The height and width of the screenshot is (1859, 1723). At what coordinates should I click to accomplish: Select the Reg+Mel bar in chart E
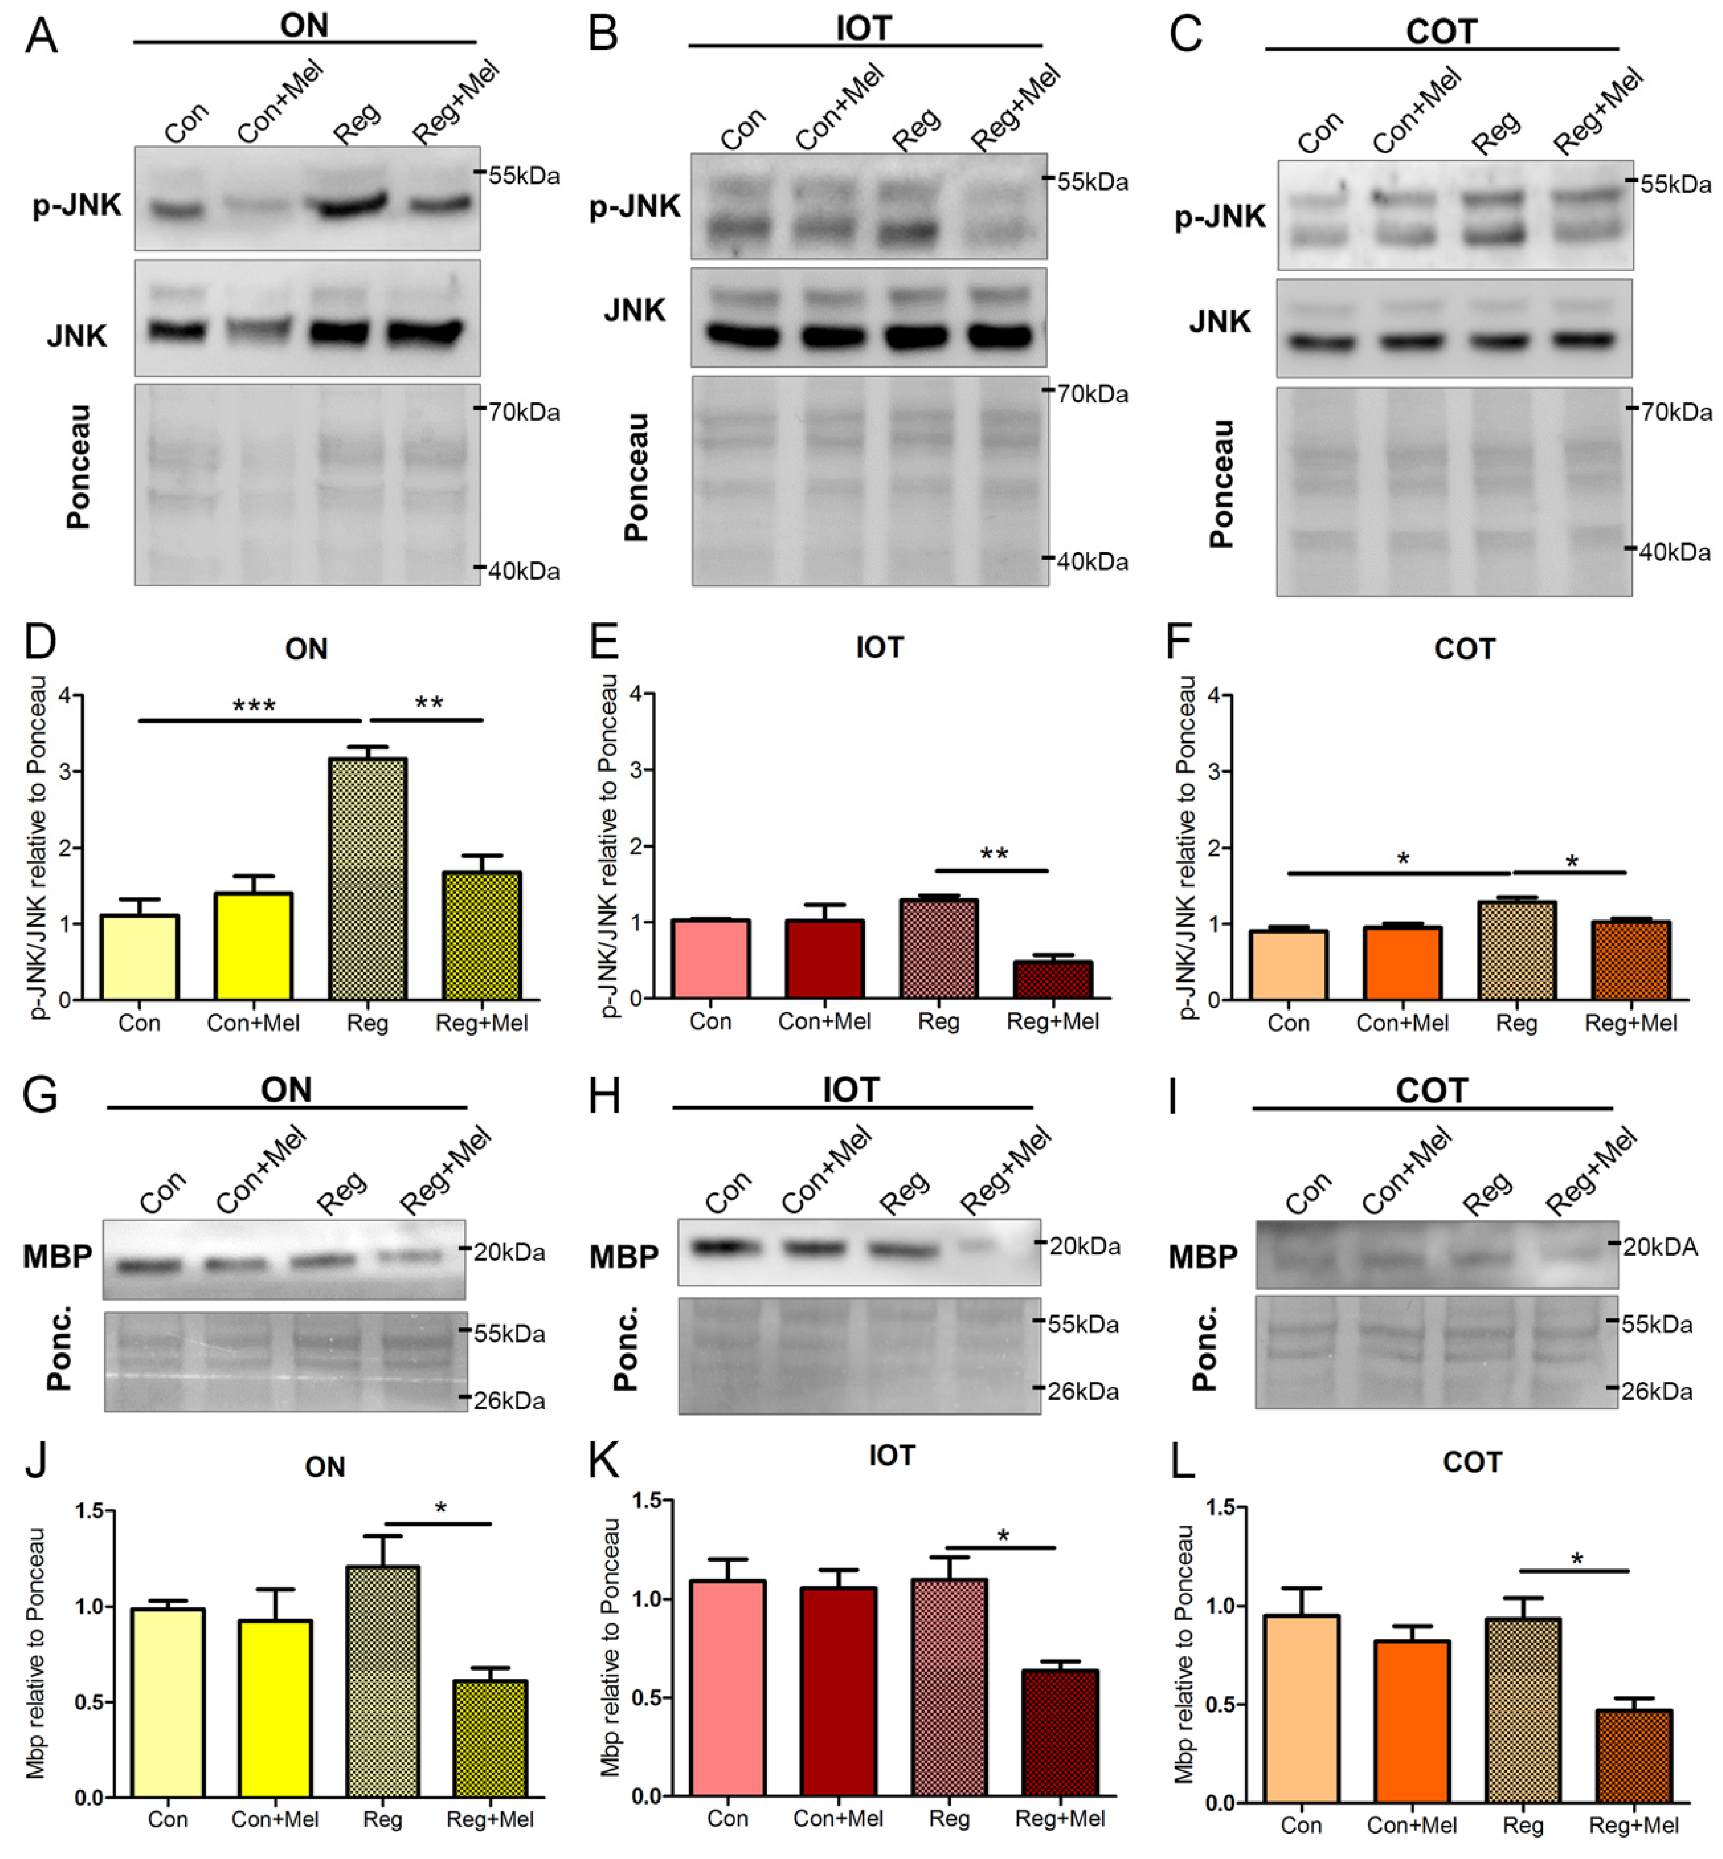pyautogui.click(x=1053, y=980)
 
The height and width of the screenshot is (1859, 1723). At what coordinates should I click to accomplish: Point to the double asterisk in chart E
pyautogui.click(x=994, y=854)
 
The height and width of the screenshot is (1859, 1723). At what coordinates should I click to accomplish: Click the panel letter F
pyautogui.click(x=1180, y=642)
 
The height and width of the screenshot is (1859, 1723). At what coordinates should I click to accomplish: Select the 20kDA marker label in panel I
pyautogui.click(x=1660, y=1247)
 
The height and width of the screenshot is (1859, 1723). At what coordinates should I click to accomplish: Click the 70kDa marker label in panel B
pyautogui.click(x=1092, y=394)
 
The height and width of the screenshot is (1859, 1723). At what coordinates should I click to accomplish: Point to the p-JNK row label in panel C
pyautogui.click(x=1220, y=216)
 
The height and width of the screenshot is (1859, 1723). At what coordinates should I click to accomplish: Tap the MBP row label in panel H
pyautogui.click(x=624, y=1256)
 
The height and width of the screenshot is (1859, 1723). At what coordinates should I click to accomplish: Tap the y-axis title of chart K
pyautogui.click(x=611, y=1646)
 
